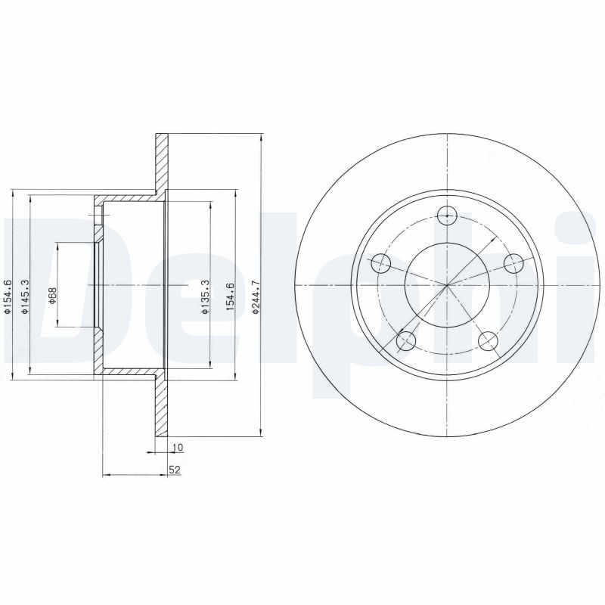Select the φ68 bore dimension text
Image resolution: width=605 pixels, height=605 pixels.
coord(52,294)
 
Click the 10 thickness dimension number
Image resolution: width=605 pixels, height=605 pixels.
coord(178,448)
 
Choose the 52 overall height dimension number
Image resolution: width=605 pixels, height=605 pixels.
coord(174,470)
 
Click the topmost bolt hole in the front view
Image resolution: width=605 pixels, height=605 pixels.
coord(448,215)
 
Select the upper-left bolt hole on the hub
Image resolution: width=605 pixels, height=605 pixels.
coord(382,263)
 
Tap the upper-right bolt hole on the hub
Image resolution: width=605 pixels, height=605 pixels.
coord(514,263)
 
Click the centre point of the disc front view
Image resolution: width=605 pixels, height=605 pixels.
coord(448,285)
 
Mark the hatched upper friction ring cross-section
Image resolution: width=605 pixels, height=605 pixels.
coord(160,163)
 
